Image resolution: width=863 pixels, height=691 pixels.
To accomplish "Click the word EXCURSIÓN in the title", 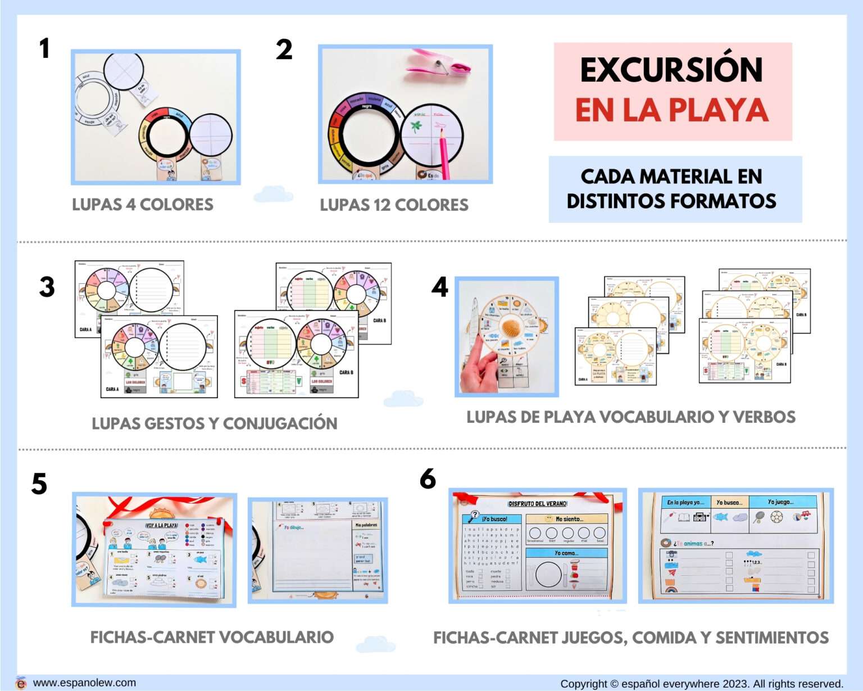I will [671, 70].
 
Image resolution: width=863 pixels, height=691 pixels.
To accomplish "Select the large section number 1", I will [44, 48].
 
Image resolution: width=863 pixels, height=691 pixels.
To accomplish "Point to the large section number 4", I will [439, 287].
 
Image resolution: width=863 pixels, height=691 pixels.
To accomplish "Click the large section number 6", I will [428, 479].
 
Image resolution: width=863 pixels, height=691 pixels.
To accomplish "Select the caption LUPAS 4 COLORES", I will [143, 205].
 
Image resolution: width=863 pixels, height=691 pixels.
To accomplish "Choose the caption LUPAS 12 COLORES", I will [394, 205].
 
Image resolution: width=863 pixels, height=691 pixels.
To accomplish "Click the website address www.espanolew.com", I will [84, 683].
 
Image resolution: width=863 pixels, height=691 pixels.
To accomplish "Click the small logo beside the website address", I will [21, 683].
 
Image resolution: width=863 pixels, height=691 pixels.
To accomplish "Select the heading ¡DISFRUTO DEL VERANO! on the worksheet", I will [537, 504].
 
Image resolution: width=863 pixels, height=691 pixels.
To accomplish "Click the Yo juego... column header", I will [780, 502].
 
